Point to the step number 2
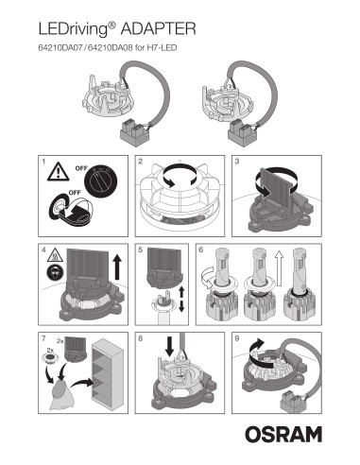point(141,163)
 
